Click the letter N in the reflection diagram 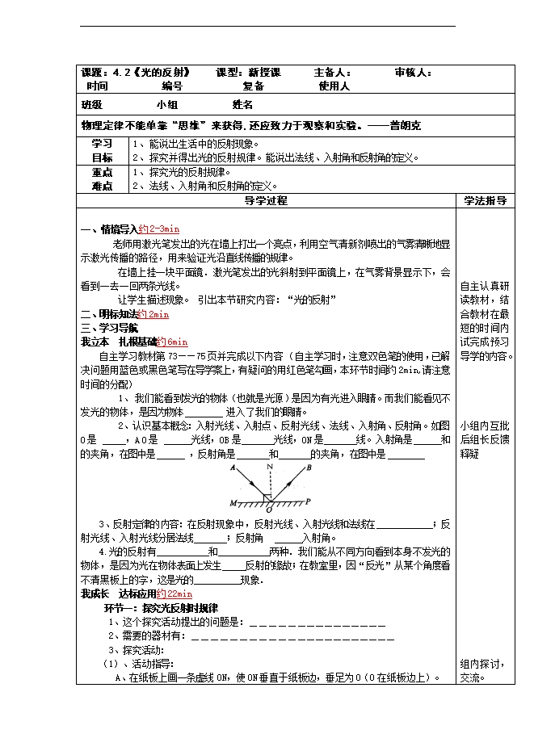pos(271,467)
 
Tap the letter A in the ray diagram pos(233,468)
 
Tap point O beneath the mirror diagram pos(268,511)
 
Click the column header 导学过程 pos(266,201)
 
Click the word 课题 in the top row pos(91,73)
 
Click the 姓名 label pos(243,105)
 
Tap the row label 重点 pos(102,172)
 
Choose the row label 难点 pos(102,186)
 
